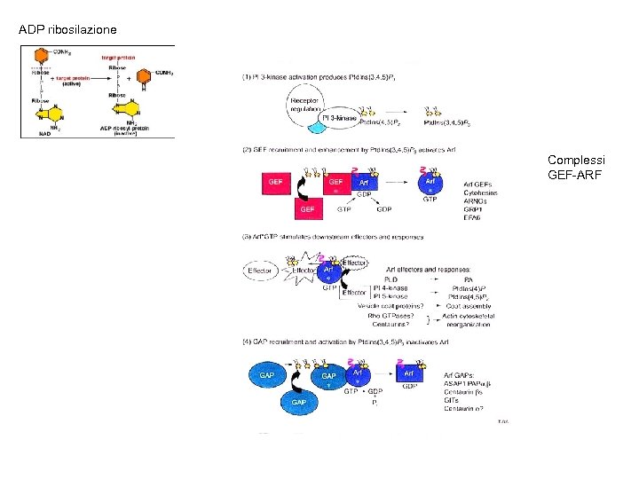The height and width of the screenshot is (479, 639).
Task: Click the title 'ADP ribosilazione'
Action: [x=67, y=30]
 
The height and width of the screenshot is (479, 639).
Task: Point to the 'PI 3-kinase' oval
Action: [x=339, y=117]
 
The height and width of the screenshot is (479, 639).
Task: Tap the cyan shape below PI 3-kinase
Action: [x=318, y=129]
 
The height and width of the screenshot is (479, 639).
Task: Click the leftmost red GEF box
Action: [x=274, y=182]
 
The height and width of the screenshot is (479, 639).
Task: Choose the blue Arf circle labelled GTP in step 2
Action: [x=430, y=184]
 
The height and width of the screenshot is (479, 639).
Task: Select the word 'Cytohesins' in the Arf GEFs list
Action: [x=480, y=192]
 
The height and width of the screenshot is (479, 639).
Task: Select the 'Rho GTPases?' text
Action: [x=392, y=315]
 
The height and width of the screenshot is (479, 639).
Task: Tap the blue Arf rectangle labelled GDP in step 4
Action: [x=411, y=374]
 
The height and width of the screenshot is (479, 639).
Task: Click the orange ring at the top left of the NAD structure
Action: [x=36, y=59]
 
